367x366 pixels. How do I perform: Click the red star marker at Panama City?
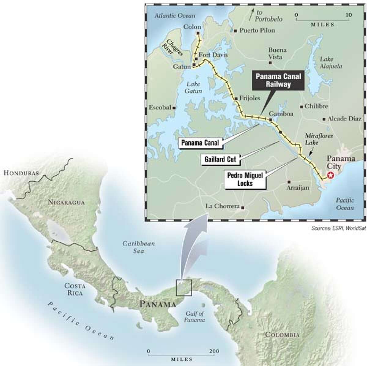330,175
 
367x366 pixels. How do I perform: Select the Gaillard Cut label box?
220,159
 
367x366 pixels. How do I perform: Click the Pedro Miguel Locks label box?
244,180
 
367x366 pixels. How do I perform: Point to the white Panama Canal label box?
200,143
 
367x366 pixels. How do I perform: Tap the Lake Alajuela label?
331,63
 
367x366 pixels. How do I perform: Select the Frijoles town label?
250,98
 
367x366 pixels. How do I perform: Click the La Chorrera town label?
222,206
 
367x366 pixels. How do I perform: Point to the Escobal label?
160,107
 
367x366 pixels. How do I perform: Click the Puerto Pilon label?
257,30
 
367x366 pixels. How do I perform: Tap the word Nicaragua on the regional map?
66,202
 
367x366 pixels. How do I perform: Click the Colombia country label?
282,334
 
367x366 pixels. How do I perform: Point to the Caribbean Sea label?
139,247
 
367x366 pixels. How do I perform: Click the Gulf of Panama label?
195,317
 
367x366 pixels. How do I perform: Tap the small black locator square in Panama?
184,288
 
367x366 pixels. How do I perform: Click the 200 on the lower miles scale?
214,351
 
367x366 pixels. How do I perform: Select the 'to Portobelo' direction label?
269,16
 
